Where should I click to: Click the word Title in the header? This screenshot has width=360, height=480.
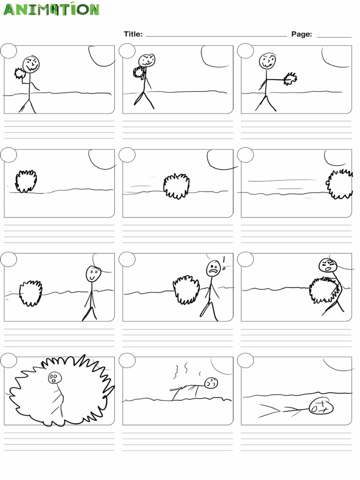click(x=132, y=34)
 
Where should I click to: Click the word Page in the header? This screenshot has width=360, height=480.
click(x=301, y=34)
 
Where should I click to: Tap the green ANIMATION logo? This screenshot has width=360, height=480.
click(x=52, y=9)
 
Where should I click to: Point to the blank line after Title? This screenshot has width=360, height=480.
click(x=217, y=36)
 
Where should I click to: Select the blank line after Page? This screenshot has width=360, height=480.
click(x=334, y=36)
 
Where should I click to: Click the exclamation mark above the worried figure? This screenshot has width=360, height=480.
click(x=224, y=261)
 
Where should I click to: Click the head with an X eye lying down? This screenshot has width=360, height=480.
click(x=322, y=405)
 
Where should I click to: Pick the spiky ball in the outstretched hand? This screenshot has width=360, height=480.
click(x=290, y=78)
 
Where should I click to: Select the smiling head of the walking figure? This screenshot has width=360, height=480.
click(x=93, y=273)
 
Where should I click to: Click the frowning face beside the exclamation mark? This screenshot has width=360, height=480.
click(x=213, y=268)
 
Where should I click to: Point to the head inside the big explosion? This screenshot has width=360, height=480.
click(x=54, y=378)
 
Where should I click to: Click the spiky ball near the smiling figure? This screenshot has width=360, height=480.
click(x=30, y=293)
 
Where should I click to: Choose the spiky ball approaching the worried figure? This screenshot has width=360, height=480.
click(x=187, y=289)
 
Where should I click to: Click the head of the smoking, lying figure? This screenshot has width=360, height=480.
click(x=211, y=383)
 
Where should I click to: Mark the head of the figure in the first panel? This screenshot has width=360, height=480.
click(x=31, y=64)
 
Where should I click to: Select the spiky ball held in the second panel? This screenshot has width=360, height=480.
click(x=139, y=72)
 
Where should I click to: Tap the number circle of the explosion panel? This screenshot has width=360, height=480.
click(x=8, y=360)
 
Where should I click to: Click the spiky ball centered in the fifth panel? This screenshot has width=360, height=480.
click(x=177, y=186)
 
